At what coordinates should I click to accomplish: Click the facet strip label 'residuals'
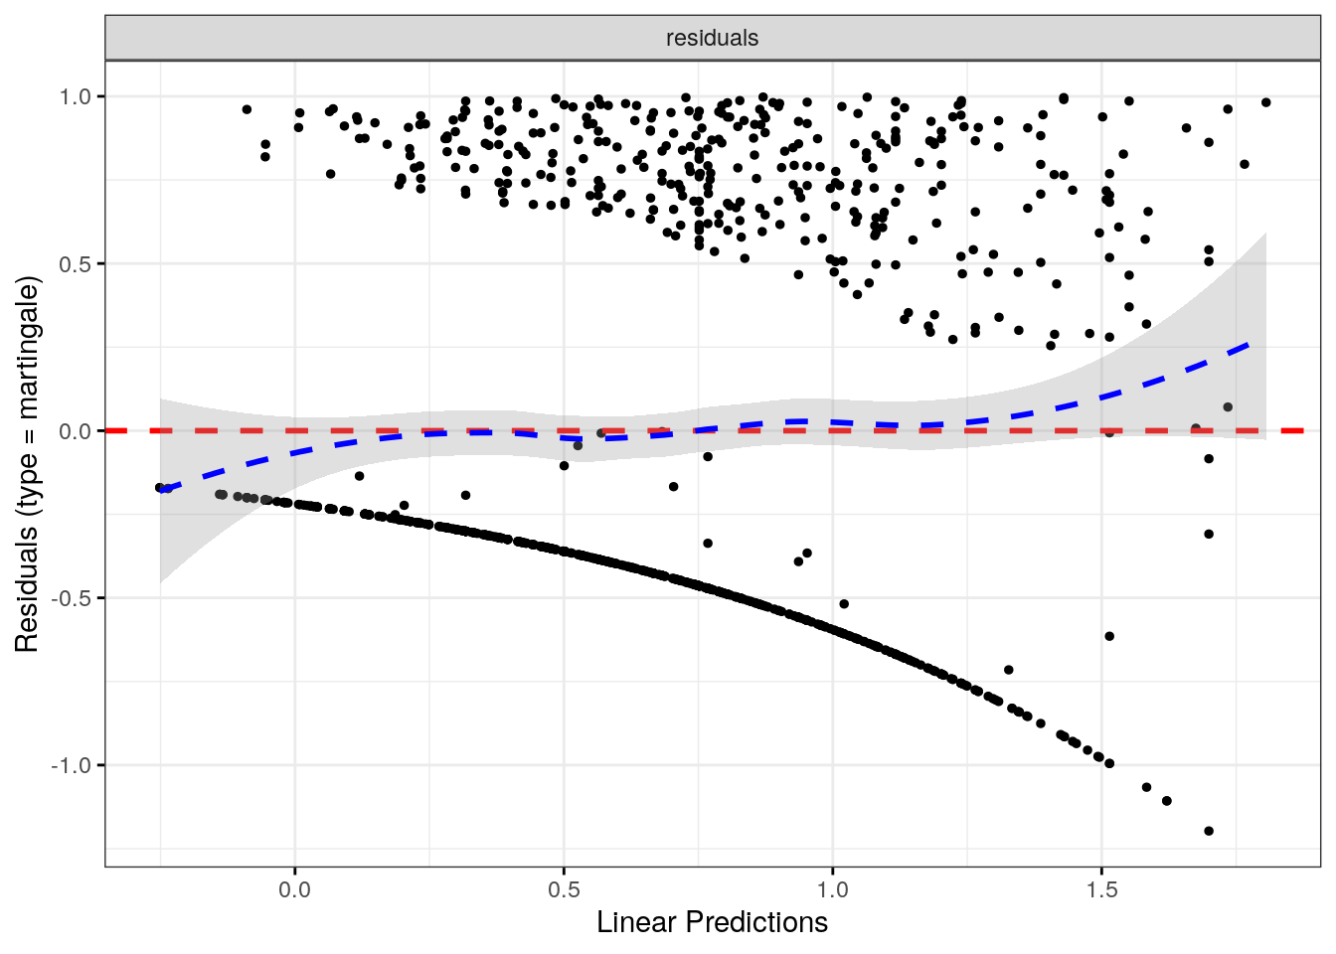712,39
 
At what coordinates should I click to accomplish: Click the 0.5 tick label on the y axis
76,264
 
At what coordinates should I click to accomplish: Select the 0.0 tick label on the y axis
76,431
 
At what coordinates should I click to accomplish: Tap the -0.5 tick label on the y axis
73,598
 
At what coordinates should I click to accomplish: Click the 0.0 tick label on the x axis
294,888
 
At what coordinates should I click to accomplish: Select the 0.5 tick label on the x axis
564,888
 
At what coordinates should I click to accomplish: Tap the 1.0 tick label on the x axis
833,888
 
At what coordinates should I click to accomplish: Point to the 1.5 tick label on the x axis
1102,888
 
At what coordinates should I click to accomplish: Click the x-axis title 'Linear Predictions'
712,923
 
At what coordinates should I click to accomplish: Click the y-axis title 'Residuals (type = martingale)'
27,464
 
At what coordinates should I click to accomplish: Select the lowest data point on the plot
1209,831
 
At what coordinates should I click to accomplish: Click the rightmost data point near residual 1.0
1265,102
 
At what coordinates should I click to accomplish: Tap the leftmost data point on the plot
160,487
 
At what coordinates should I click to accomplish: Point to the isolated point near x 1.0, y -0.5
844,603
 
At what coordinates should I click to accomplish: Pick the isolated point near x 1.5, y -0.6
1109,636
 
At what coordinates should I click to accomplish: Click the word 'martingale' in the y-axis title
27,348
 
